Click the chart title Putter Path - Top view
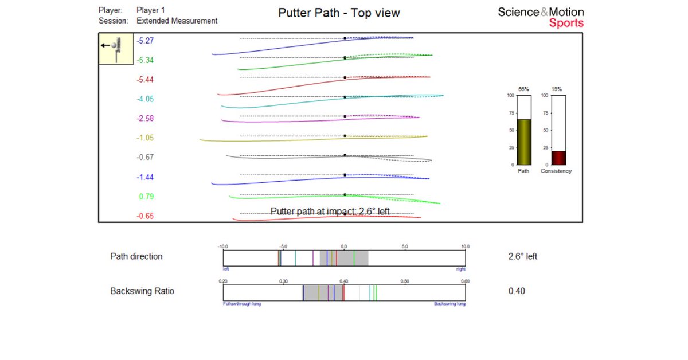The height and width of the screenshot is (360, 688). (x=339, y=13)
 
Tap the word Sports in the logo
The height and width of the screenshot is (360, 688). (x=566, y=24)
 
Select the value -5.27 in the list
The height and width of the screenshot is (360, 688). (x=144, y=41)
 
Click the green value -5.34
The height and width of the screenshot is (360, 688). (x=144, y=60)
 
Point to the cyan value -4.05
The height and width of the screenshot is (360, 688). (x=144, y=99)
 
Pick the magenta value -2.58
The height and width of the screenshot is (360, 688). (x=144, y=119)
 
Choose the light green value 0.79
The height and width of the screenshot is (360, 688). (x=146, y=197)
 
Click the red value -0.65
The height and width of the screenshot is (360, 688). (x=144, y=216)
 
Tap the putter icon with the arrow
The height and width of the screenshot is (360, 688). (x=116, y=48)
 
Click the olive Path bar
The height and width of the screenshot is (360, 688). (x=523, y=142)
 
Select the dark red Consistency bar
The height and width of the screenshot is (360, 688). (x=558, y=158)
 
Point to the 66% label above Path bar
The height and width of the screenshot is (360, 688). (x=523, y=89)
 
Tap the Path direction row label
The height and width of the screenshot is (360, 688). (x=136, y=256)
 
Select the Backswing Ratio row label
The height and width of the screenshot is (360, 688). (x=142, y=291)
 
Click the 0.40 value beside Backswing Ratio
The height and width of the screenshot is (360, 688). (x=517, y=291)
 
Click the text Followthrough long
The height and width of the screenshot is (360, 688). (x=241, y=304)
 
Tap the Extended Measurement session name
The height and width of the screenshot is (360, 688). (x=177, y=21)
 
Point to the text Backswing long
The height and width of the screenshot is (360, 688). (x=449, y=304)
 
